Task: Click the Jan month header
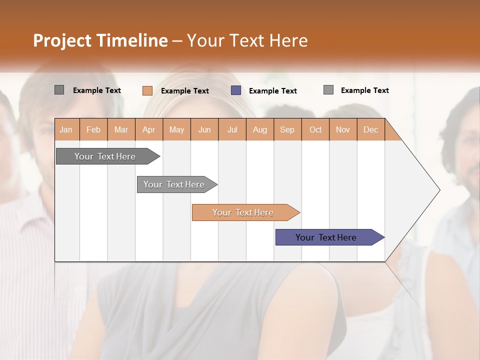(x=66, y=129)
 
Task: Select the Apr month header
(x=148, y=129)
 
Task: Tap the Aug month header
(x=259, y=129)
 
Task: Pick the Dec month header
(x=370, y=129)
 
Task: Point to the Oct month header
(x=315, y=129)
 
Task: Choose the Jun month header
(x=204, y=129)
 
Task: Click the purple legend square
(x=236, y=90)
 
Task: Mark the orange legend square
(x=147, y=90)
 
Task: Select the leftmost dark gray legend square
(x=59, y=90)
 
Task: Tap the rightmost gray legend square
(x=328, y=90)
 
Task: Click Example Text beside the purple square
(x=272, y=91)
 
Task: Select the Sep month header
(x=287, y=129)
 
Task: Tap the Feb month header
(x=93, y=129)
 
